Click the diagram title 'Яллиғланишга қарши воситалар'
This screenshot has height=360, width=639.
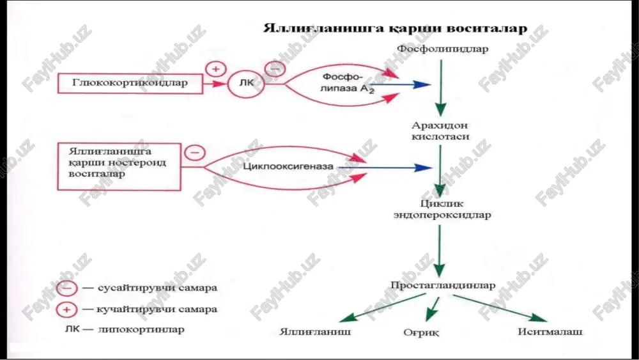396,28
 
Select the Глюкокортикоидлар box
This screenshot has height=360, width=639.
130,84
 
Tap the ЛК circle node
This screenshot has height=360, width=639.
246,83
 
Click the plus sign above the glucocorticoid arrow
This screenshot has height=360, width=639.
215,69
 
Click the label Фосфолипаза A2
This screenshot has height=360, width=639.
346,83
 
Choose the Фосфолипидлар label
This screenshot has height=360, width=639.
443,49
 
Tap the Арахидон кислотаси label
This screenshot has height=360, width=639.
440,130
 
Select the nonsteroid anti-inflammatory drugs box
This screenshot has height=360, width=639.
119,166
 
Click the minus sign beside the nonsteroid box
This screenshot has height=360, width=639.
195,152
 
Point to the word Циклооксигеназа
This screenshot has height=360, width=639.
288,166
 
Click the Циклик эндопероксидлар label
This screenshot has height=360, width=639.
442,208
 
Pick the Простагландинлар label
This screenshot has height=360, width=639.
443,285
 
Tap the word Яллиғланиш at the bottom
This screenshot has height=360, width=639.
315,331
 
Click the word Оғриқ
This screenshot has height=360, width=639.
421,333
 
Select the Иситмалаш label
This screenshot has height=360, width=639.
550,331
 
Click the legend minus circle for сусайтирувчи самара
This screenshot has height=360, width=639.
66,288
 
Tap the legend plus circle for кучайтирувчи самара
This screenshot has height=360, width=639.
66,310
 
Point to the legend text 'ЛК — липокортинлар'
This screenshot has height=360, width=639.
125,329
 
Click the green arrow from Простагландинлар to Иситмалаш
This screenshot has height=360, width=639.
500,308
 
